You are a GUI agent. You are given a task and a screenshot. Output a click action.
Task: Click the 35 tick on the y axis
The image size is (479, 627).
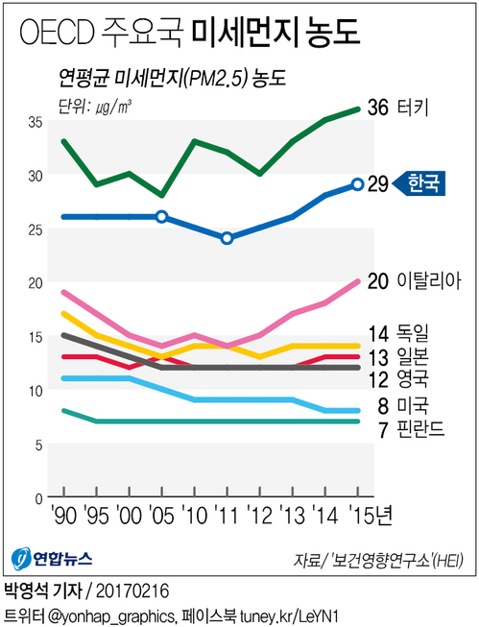35,123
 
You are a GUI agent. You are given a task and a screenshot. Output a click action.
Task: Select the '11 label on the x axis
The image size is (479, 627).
227,516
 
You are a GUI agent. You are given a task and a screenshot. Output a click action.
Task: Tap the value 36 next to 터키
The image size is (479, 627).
378,108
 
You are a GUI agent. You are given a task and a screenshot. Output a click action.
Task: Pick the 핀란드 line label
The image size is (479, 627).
422,428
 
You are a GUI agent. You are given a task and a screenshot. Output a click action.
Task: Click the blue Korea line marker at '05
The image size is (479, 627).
161,217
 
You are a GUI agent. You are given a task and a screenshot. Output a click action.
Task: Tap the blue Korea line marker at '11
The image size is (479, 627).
227,238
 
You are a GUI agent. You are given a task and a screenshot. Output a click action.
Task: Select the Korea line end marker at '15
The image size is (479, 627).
358,183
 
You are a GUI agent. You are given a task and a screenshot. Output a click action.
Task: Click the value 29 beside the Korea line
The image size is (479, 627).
378,183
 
